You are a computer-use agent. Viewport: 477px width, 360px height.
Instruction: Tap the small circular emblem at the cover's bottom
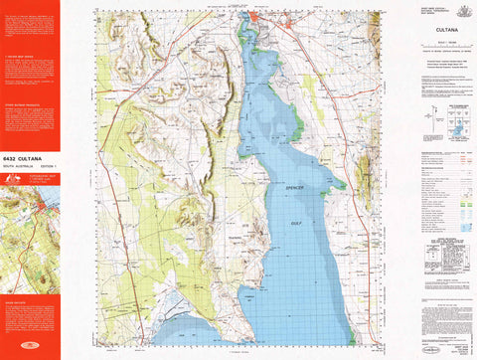(29, 345)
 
